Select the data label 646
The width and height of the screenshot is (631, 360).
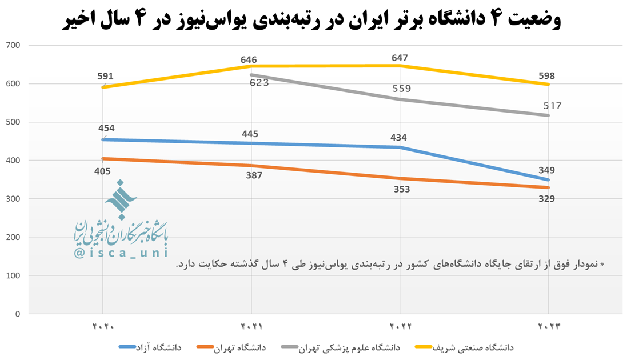pyautogui.click(x=249, y=59)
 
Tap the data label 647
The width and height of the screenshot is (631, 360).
pyautogui.click(x=400, y=58)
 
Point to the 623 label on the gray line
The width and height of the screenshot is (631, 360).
pyautogui.click(x=259, y=82)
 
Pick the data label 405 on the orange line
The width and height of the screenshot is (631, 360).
pyautogui.click(x=102, y=171)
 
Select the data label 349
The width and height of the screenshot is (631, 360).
pyautogui.click(x=546, y=170)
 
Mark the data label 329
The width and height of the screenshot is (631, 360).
pyautogui.click(x=546, y=198)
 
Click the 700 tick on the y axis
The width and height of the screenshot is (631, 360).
pyautogui.click(x=13, y=45)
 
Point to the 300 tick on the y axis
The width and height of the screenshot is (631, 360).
pyautogui.click(x=13, y=199)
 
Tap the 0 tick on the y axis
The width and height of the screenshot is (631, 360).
pyautogui.click(x=18, y=314)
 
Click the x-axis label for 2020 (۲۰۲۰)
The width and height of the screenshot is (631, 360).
pyautogui.click(x=103, y=327)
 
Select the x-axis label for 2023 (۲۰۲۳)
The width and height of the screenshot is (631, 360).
pyautogui.click(x=548, y=327)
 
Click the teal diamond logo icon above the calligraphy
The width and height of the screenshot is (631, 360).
pyautogui.click(x=121, y=199)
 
